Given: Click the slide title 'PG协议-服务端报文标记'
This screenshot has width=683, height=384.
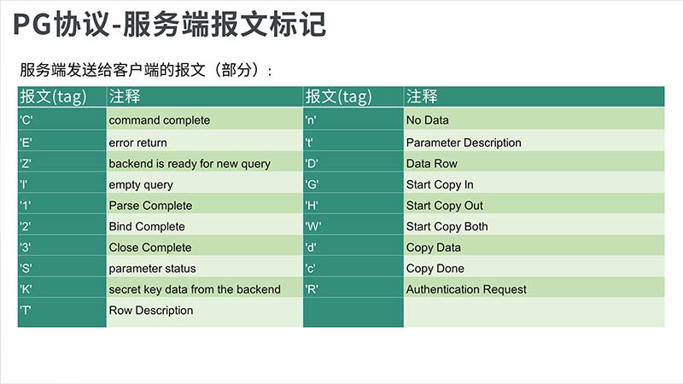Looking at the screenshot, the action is [169, 24].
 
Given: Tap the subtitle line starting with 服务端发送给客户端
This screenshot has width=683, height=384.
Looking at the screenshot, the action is [146, 70].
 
